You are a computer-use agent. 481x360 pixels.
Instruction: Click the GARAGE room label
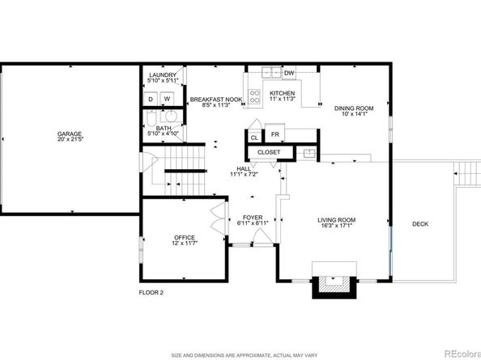[69, 133]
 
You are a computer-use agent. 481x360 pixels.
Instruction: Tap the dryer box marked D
[151, 99]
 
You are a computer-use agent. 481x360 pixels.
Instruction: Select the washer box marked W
[167, 99]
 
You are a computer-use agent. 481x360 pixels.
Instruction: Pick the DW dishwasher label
[289, 73]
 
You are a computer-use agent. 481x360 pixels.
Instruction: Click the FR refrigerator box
[275, 134]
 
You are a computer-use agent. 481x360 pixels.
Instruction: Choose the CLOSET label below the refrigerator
[269, 152]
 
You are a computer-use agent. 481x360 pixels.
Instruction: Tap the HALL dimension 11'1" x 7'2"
[243, 174]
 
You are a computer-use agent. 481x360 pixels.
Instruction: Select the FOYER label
[252, 218]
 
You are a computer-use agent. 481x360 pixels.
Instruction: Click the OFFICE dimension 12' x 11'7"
[185, 243]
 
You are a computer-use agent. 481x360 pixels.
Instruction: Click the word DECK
[420, 224]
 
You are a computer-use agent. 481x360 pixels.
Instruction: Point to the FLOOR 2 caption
[150, 292]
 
